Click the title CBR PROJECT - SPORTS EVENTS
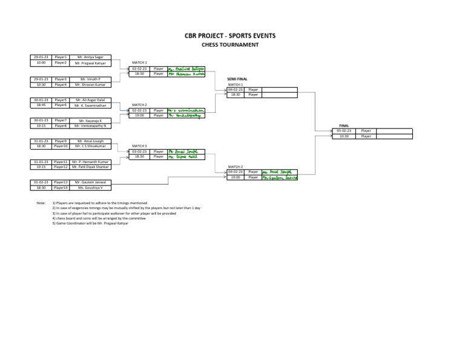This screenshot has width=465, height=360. (x=230, y=36)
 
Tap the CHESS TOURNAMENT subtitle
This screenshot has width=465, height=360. (x=230, y=45)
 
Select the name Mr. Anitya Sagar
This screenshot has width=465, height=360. (x=90, y=57)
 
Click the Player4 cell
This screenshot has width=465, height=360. (x=61, y=85)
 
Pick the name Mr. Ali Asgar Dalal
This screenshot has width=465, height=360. (x=90, y=100)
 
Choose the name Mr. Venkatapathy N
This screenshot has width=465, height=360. (x=90, y=126)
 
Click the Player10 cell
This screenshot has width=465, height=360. (x=61, y=146)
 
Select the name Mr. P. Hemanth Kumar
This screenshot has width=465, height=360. (x=90, y=162)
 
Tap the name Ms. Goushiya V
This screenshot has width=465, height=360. (x=90, y=188)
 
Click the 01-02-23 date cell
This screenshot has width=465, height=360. (x=41, y=182)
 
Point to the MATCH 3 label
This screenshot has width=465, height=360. (x=139, y=146)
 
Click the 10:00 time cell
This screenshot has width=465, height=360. (x=41, y=62)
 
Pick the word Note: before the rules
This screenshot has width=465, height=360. (x=41, y=203)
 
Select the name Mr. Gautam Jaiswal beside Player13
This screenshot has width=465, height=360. (x=90, y=182)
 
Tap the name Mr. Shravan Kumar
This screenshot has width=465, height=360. (x=90, y=85)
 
